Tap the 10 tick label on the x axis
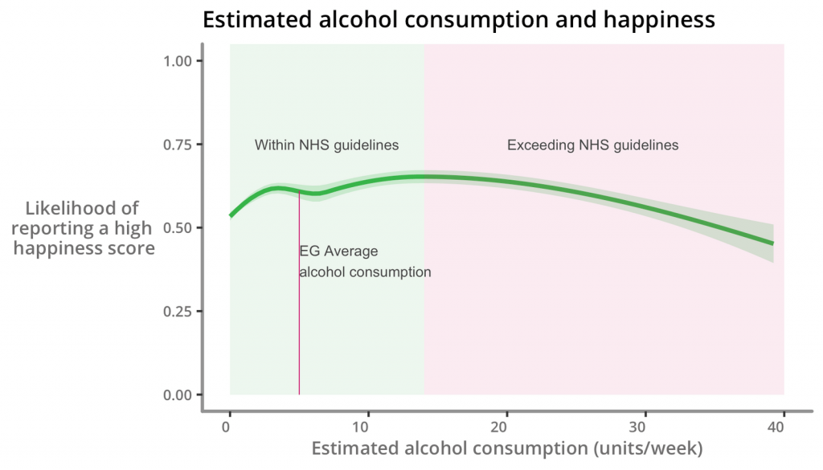click(x=367, y=426)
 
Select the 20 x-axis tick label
click(x=506, y=426)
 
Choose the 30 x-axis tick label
click(x=644, y=426)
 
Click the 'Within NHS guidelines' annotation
click(x=326, y=145)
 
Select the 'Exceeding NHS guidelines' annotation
click(x=592, y=145)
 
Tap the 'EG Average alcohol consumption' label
click(x=364, y=262)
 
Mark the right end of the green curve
click(x=772, y=243)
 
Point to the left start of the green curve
click(x=231, y=215)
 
